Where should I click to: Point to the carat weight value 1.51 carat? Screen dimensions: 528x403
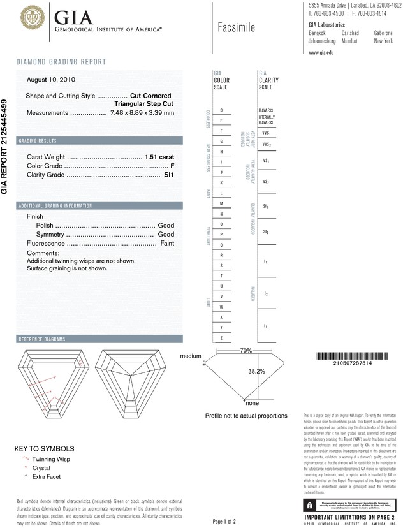[x=159, y=156]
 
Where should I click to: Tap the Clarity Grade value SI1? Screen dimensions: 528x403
[x=169, y=174]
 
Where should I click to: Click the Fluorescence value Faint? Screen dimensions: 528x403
[x=166, y=244]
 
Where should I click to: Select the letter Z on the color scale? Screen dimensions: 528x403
[x=221, y=337]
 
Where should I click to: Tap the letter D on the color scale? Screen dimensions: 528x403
[x=221, y=110]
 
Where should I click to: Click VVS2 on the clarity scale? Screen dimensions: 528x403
[x=266, y=145]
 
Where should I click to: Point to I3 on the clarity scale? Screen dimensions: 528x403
[x=265, y=326]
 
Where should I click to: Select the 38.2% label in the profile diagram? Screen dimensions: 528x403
[x=256, y=370]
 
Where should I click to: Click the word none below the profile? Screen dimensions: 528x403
[x=252, y=403]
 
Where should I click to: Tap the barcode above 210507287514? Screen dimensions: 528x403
[x=345, y=356]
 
